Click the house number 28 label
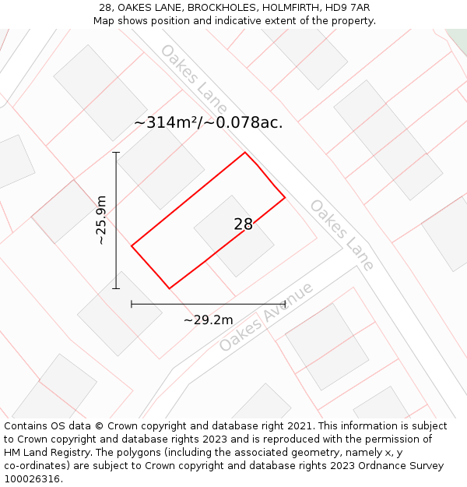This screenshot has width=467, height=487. pyautogui.click(x=243, y=224)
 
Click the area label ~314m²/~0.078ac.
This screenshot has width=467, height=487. pyautogui.click(x=208, y=122)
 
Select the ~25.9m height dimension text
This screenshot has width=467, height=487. pyautogui.click(x=101, y=221)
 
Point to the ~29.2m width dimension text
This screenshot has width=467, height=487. pyautogui.click(x=208, y=319)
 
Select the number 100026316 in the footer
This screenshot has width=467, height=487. pyautogui.click(x=30, y=479)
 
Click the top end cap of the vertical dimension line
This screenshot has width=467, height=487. pyautogui.click(x=116, y=153)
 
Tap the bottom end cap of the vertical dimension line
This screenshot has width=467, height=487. pyautogui.click(x=116, y=288)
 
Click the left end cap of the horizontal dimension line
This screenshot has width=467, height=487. pyautogui.click(x=132, y=304)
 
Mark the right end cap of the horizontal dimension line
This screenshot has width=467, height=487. pyautogui.click(x=285, y=304)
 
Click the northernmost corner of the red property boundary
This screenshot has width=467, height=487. pyautogui.click(x=245, y=152)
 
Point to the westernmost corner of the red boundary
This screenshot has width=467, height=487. pyautogui.click(x=132, y=246)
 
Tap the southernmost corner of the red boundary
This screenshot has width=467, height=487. pyautogui.click(x=169, y=288)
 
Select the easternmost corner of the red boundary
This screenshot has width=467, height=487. pyautogui.click(x=285, y=198)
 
